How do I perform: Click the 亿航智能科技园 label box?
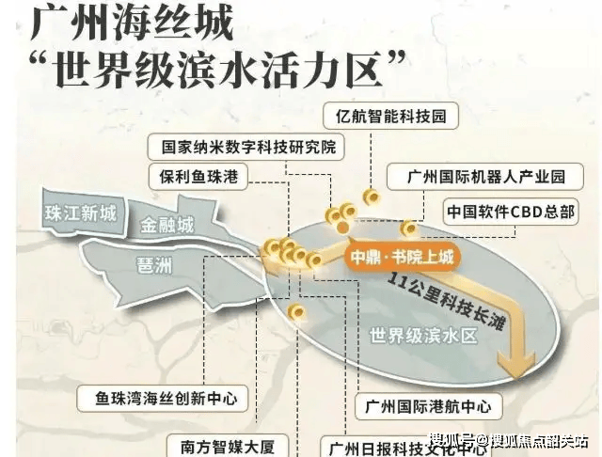(391, 116)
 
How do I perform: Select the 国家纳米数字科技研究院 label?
(246, 147)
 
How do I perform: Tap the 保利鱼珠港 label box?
(198, 177)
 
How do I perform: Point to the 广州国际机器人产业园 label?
(485, 177)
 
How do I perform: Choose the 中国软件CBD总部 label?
(511, 212)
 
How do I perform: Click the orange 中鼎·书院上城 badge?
(402, 257)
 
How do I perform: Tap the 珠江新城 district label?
(81, 213)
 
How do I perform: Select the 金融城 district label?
(166, 225)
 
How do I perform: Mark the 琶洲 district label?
(154, 264)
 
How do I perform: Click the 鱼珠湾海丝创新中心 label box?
(163, 399)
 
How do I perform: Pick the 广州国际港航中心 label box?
(429, 406)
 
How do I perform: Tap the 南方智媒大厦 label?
(228, 446)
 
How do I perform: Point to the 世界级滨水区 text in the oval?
(423, 336)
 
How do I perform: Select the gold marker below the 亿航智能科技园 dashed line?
(372, 197)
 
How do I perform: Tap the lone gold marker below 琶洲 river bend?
(296, 311)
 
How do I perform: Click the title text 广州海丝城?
(132, 24)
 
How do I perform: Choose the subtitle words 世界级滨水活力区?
(219, 71)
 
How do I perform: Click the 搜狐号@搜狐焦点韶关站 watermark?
(509, 441)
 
